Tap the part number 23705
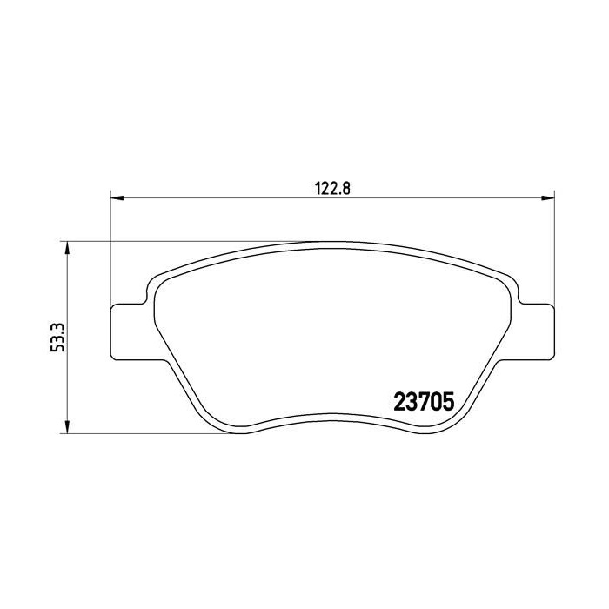click(425, 404)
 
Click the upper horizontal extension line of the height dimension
click(174, 241)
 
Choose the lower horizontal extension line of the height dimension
click(148, 432)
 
